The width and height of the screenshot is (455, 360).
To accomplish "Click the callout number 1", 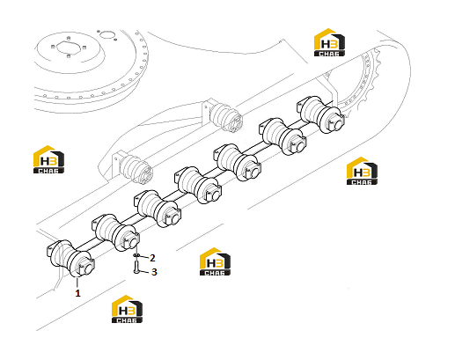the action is coord(77,293).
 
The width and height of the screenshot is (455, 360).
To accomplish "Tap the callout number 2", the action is coord(152,258).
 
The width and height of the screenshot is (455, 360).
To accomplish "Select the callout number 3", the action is coord(154,272).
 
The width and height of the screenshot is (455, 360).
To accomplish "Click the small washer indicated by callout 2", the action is coord(136,255).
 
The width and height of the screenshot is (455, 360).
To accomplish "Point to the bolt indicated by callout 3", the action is coord(136,267).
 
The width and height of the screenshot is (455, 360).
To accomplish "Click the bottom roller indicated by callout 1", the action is coord(70,258).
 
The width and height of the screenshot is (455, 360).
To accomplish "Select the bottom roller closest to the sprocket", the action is coord(320,114).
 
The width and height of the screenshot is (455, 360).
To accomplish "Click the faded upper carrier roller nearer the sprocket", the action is coord(224,116).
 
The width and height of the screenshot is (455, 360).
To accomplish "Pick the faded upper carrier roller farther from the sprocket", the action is coord(134,165).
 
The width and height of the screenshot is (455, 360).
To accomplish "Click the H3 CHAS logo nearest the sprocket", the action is coord(329,42).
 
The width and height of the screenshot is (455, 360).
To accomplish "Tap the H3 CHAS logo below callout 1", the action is coord(127,309).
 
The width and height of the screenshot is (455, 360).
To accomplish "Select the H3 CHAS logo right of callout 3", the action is coord(215,261).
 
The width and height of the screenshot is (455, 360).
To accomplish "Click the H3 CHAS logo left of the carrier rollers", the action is coord(48,159).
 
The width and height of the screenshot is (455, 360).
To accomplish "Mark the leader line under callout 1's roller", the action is coord(77,283).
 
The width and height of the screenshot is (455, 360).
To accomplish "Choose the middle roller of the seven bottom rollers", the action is coord(199,186).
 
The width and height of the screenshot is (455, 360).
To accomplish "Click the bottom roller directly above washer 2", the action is coord(116,233).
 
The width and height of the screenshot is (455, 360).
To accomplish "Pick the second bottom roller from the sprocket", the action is coord(283,136).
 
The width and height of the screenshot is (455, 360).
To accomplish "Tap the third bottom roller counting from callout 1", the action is coord(158,209).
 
